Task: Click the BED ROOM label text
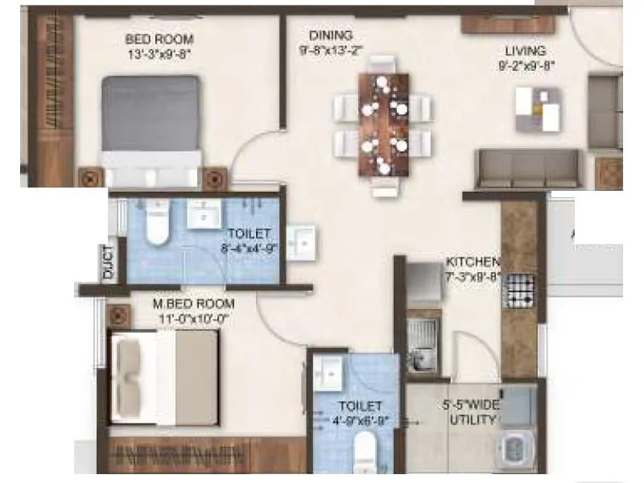[x=159, y=39]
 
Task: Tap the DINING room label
[x=331, y=35]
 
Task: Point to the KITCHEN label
[x=473, y=262]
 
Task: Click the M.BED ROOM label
[x=194, y=303]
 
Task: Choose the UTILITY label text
[x=473, y=419]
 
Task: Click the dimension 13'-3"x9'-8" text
[x=159, y=55]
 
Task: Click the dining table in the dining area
[x=383, y=123]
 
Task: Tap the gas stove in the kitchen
[x=518, y=291]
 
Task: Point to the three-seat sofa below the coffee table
[x=526, y=167]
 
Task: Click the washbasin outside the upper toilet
[x=302, y=240]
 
